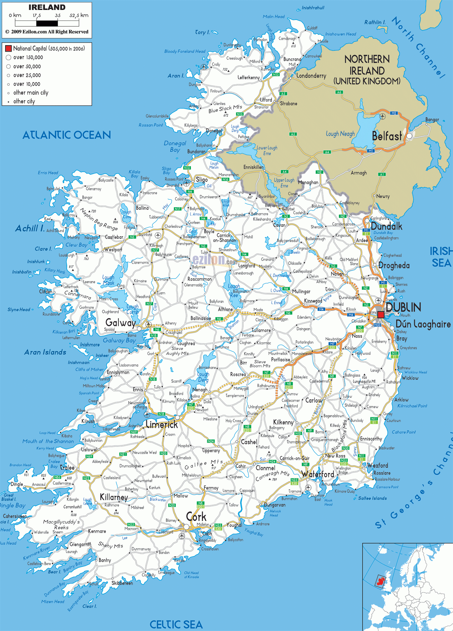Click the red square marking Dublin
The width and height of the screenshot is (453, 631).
(x=380, y=315)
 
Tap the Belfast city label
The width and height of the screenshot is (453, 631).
(x=387, y=136)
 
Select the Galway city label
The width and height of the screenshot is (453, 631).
(x=121, y=322)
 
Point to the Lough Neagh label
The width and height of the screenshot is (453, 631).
(x=340, y=134)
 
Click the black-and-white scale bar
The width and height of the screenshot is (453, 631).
(x=47, y=23)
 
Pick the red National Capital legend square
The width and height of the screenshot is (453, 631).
(x=8, y=48)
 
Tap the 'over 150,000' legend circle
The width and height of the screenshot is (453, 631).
(x=9, y=57)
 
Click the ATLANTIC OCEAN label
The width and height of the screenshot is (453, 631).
(x=67, y=135)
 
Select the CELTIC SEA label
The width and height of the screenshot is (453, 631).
(x=176, y=624)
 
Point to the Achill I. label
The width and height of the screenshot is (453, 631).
(x=30, y=228)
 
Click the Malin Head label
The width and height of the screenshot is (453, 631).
(x=274, y=17)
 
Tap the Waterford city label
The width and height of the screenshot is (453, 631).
(x=318, y=474)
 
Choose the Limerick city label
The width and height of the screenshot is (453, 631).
(x=162, y=425)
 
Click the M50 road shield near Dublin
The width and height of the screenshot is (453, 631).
(x=377, y=325)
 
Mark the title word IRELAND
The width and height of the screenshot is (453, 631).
(x=47, y=7)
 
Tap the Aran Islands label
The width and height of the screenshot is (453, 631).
(x=45, y=352)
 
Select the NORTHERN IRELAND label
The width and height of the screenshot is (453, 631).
(x=367, y=70)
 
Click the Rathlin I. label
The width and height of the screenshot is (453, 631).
(x=375, y=22)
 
